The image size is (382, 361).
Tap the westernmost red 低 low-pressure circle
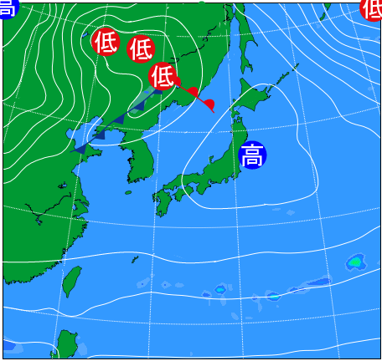pyautogui.click(x=106, y=42)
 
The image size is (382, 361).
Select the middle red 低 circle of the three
pyautogui.click(x=140, y=48)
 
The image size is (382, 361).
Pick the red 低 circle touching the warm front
pyautogui.click(x=163, y=77)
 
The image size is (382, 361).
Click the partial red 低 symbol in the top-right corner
pyautogui.click(x=373, y=8)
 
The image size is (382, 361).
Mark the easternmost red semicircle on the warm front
pyautogui.click(x=209, y=104)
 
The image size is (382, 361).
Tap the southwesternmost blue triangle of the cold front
pyautogui.click(x=82, y=148)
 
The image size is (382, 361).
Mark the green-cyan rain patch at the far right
pyautogui.click(x=355, y=263)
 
